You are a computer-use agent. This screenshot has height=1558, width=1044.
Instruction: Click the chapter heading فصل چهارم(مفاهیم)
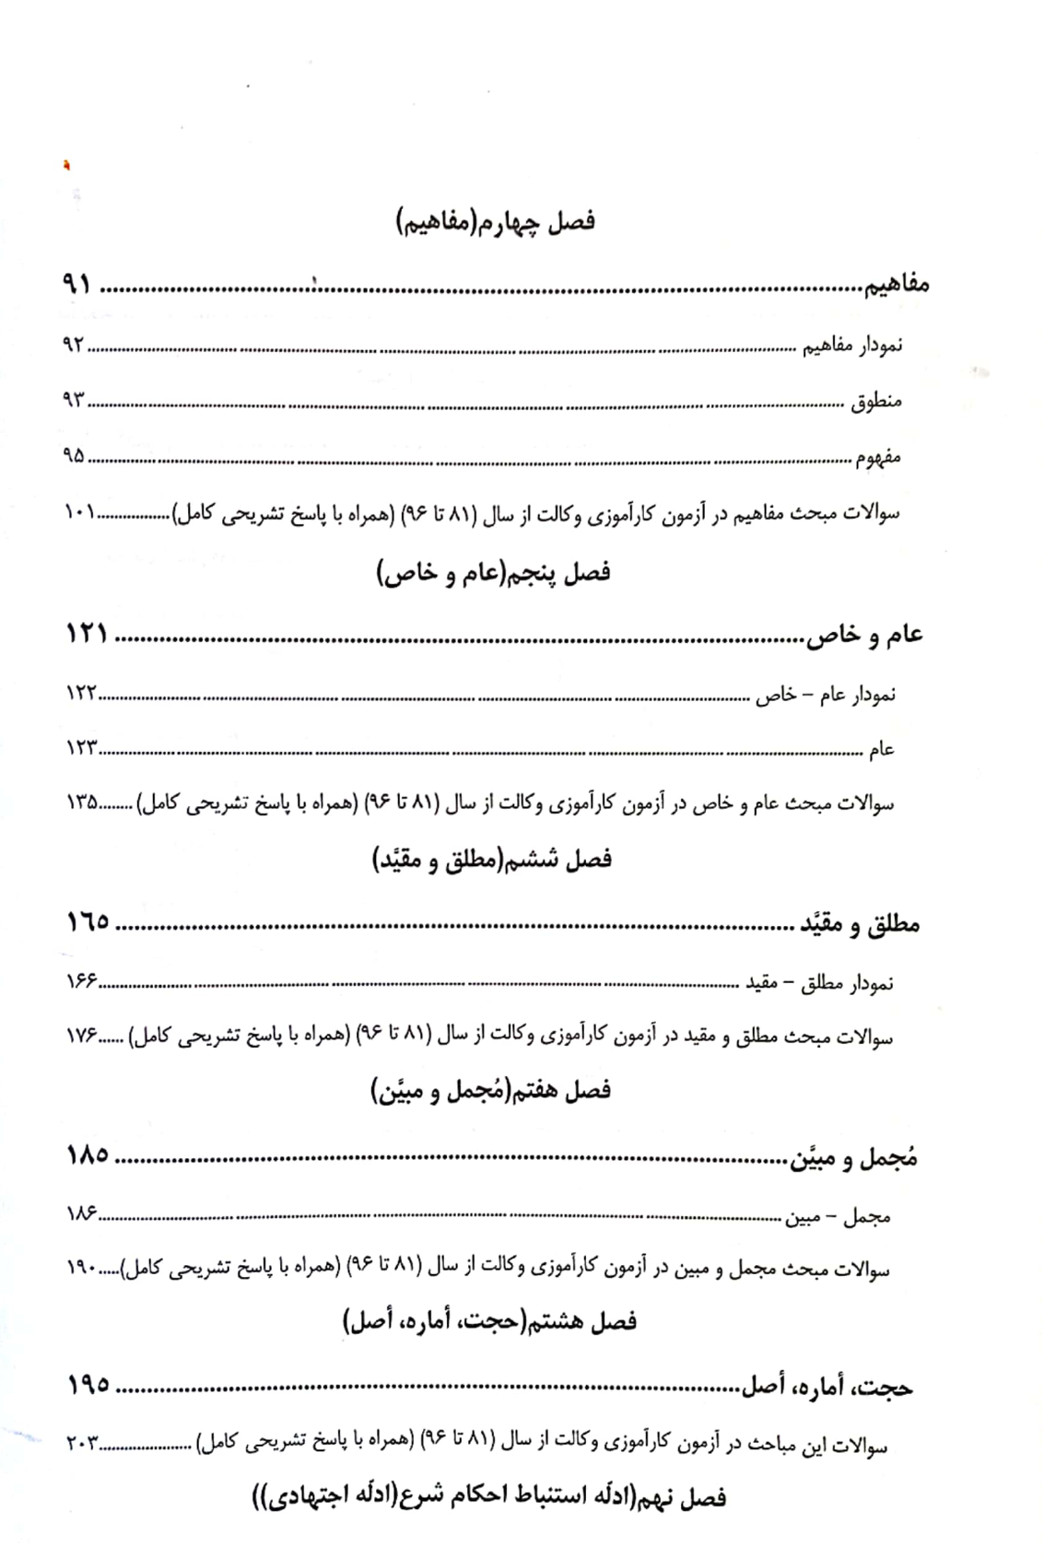click(x=496, y=222)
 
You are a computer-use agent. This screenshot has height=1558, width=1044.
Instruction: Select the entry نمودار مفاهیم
click(x=851, y=346)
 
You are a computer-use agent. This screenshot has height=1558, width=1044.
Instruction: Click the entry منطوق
click(x=875, y=402)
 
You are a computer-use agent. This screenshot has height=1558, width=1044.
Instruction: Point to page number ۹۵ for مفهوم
click(x=74, y=455)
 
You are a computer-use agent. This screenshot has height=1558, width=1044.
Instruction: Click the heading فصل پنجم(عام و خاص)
click(x=493, y=573)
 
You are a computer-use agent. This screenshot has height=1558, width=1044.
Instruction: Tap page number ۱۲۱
click(x=87, y=634)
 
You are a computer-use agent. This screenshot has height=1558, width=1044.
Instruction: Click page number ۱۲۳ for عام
click(x=81, y=748)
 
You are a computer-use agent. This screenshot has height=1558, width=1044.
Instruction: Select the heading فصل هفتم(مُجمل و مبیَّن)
click(x=491, y=1092)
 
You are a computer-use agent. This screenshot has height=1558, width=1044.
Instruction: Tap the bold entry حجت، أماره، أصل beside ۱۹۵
click(x=827, y=1388)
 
